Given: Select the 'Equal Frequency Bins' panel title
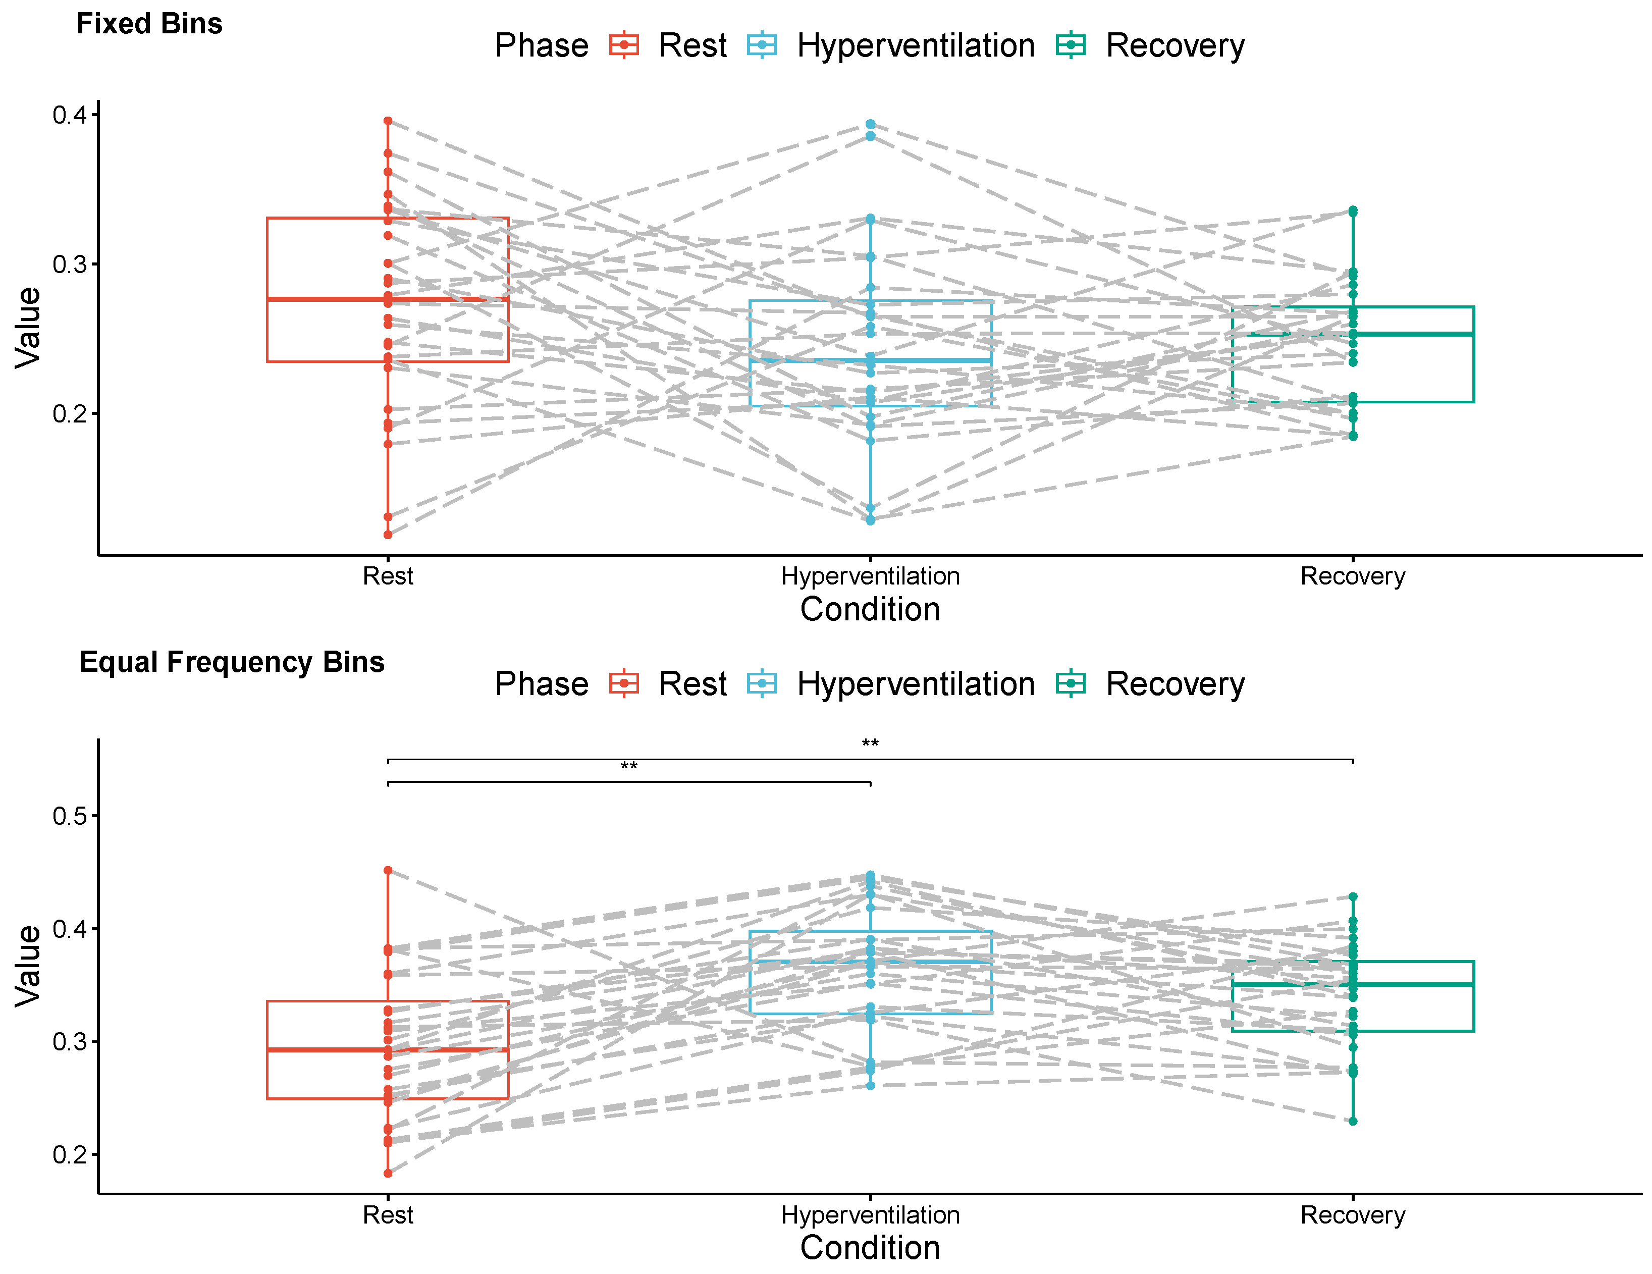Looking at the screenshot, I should pyautogui.click(x=232, y=662).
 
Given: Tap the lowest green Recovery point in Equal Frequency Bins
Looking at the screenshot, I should pyautogui.click(x=1353, y=1121).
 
